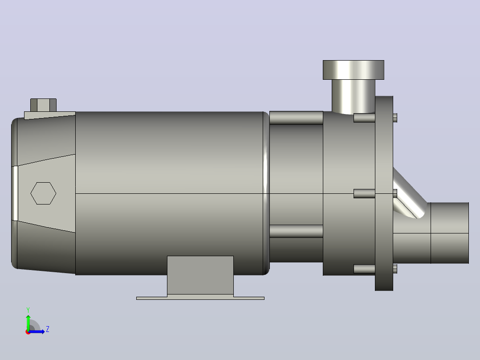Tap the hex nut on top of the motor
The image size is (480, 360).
(43, 105)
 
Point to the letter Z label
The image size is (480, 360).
(48, 329)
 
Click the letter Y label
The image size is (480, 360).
(28, 310)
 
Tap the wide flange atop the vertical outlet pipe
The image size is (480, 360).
(353, 70)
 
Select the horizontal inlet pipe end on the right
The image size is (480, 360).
(450, 233)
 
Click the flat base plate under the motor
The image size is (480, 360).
(200, 298)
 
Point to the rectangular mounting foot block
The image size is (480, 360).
(200, 275)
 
